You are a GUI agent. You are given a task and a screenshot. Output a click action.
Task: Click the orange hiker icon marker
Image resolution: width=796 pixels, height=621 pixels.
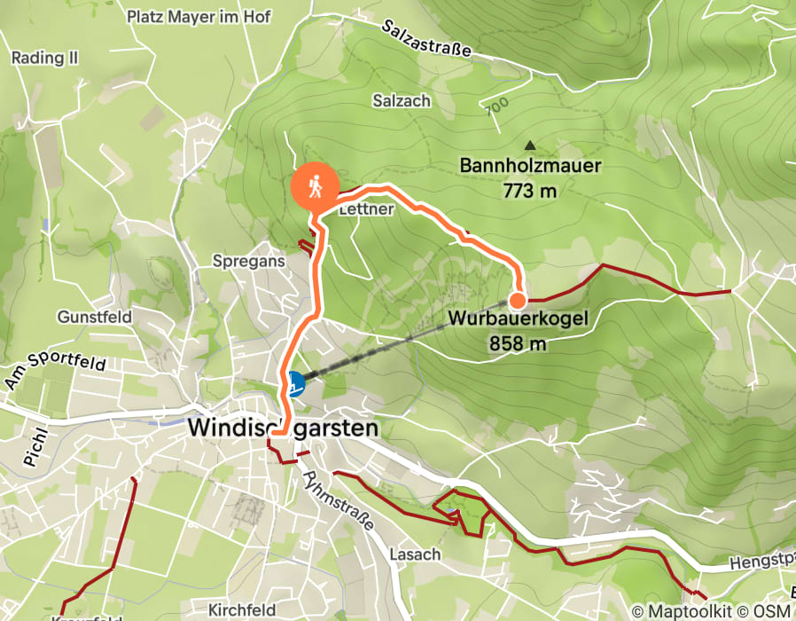[x=315, y=186]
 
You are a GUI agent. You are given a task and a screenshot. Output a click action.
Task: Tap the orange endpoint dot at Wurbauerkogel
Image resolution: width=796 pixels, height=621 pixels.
[x=517, y=299]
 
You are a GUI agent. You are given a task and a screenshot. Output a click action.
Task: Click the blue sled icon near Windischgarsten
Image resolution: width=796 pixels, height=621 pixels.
[x=294, y=383]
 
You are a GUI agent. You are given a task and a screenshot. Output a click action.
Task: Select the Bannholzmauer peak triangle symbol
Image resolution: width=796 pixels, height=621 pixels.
[x=530, y=145]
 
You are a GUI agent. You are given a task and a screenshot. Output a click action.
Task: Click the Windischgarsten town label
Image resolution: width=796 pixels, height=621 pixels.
[x=283, y=428]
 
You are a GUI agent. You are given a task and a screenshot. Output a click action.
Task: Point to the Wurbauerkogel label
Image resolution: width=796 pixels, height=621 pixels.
[x=518, y=318]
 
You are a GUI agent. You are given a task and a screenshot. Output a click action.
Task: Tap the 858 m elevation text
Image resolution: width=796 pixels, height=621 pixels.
[x=518, y=342]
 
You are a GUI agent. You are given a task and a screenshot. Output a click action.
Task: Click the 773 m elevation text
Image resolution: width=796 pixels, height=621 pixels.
[x=530, y=189]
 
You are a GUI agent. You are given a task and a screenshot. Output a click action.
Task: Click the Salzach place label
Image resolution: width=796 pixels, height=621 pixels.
[x=402, y=101]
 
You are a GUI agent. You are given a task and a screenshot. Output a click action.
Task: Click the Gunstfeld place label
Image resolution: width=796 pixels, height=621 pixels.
[x=95, y=317]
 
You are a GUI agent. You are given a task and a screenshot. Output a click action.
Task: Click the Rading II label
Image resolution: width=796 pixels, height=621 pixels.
[x=45, y=58]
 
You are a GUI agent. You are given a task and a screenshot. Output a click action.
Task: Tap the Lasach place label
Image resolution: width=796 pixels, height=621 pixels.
[x=415, y=554]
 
